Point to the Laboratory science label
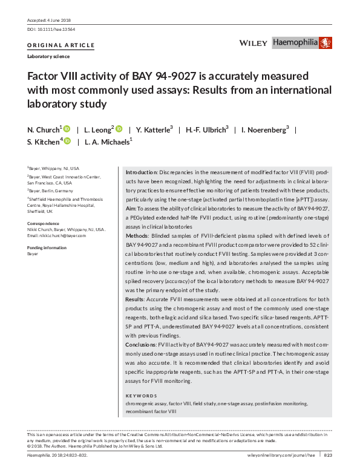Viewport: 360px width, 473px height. tap(48, 56)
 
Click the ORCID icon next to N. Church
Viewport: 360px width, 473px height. tap(67, 128)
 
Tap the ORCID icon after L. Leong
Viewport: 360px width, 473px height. tap(119, 128)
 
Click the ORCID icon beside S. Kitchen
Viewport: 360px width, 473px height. tap(67, 141)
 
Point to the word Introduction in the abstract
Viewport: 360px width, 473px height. tap(140, 172)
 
